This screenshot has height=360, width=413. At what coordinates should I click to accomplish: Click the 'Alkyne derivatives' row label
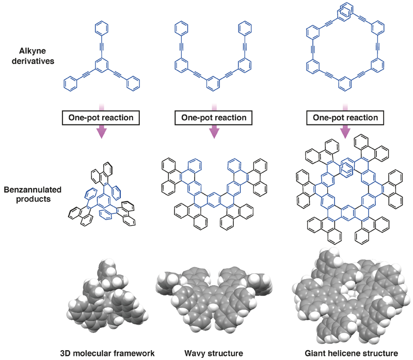tap(33, 56)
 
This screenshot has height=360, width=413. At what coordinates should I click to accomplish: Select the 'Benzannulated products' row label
tap(33, 194)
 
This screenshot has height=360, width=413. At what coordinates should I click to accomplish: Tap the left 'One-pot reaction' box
tap(101, 118)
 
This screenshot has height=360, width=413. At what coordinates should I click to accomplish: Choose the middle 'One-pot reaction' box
tap(214, 118)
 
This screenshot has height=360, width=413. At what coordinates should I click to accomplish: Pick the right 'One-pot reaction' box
tap(345, 118)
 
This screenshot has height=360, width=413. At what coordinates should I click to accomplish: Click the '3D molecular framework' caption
tap(107, 353)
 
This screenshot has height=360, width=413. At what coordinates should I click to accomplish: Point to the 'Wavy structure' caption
tap(214, 353)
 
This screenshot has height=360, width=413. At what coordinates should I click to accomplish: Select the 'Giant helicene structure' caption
tap(352, 353)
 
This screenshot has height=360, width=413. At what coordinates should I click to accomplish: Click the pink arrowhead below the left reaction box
tap(101, 132)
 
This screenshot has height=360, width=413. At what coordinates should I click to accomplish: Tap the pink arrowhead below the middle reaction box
tap(214, 132)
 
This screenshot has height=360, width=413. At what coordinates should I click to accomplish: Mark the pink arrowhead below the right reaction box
tap(345, 132)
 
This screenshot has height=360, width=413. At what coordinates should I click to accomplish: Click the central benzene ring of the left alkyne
tap(101, 65)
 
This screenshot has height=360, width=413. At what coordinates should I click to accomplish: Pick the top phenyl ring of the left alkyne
tap(101, 28)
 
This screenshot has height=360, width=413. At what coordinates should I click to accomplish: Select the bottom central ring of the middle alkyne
tap(213, 84)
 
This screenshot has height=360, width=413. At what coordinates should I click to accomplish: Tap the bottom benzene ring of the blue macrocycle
tap(344, 84)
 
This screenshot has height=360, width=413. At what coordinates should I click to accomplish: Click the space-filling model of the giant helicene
tap(351, 295)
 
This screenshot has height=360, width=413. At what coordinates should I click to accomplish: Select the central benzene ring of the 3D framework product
tap(104, 201)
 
